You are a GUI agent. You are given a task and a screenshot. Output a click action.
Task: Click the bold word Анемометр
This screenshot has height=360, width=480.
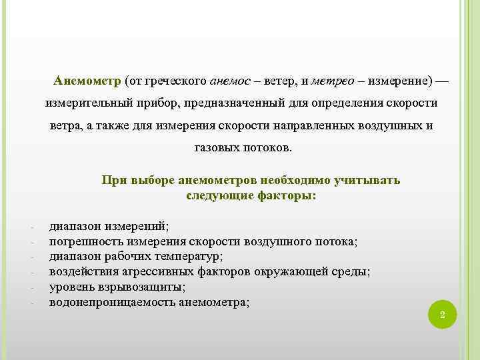pos(87,81)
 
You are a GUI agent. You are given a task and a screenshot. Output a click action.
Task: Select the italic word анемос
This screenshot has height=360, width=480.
pos(230,81)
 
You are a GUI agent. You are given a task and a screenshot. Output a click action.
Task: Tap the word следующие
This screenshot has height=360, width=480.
pos(217,196)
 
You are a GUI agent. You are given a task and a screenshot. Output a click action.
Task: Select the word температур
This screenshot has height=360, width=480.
pos(192,255)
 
